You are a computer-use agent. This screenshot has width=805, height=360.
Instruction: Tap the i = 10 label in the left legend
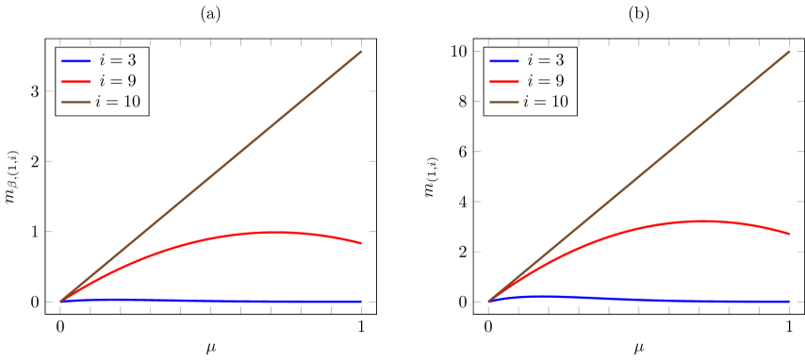pos(118,102)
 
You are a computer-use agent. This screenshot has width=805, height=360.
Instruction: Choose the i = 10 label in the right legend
pos(546,102)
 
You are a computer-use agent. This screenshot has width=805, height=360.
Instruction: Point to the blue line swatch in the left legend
pos(75,60)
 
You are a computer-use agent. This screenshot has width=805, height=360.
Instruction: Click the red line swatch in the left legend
pos(75,81)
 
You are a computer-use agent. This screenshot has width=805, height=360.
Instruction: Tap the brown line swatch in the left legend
pos(75,102)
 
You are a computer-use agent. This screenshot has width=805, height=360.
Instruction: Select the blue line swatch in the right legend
pos(503,60)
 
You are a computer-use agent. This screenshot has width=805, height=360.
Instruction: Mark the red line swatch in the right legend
pos(503,81)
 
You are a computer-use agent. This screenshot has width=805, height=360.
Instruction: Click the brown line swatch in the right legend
pos(503,102)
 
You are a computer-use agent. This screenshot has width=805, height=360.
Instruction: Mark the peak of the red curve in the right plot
pos(701,221)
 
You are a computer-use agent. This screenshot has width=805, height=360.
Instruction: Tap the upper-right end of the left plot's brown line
pos(361,52)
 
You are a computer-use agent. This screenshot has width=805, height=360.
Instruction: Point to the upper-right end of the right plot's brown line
pos(789,52)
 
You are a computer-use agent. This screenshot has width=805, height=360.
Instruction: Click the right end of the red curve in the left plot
pos(361,243)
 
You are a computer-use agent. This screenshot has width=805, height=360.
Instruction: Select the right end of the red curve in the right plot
pos(789,234)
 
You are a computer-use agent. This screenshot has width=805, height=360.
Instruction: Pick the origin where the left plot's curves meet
pos(60,302)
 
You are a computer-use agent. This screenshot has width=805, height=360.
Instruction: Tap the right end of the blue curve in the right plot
pos(789,302)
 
